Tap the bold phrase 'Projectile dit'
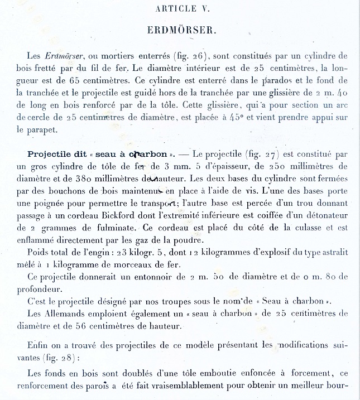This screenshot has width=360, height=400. pyautogui.click(x=54, y=153)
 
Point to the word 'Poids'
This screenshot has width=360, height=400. pyautogui.click(x=39, y=254)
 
